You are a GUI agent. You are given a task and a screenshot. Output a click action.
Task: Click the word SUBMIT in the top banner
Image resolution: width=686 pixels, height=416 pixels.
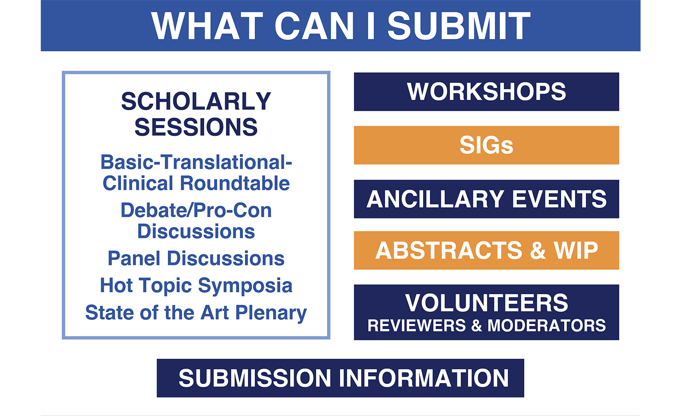[x=459, y=26]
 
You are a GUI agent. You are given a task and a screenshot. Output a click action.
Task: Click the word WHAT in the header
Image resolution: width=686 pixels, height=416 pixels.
[x=207, y=26]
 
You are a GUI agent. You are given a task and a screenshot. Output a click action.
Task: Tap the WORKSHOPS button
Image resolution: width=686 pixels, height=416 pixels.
[x=486, y=92]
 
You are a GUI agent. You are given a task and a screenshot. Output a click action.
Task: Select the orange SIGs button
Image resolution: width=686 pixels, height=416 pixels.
[x=486, y=145]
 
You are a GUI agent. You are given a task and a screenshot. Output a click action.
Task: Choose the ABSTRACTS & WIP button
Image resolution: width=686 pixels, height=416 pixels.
[x=486, y=250]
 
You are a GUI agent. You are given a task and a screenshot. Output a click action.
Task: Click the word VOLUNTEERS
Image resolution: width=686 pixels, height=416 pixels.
[x=487, y=303]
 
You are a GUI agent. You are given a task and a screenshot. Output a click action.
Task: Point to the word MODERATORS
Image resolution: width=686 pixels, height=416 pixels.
[x=547, y=325]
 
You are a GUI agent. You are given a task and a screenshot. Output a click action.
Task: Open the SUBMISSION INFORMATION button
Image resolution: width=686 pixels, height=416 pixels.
[x=340, y=378]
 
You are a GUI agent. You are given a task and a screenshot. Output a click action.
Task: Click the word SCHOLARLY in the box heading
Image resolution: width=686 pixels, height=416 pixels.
[x=196, y=101]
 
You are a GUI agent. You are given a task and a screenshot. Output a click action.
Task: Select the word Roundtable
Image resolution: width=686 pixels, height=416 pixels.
[x=235, y=184]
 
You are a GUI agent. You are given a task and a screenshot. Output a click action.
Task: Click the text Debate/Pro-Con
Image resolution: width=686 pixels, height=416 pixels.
[x=196, y=211]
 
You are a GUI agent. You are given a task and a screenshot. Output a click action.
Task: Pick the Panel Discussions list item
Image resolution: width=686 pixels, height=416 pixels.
[x=196, y=258]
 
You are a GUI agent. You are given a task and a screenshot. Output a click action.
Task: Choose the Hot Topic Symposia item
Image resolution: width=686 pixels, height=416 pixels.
[x=196, y=286]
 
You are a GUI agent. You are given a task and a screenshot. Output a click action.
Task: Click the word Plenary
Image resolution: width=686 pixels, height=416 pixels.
[x=271, y=313]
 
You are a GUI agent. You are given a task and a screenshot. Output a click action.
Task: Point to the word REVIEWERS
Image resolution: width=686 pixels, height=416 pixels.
[x=417, y=325]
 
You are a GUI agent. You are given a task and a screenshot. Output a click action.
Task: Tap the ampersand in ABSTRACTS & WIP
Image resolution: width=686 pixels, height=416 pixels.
[x=538, y=250]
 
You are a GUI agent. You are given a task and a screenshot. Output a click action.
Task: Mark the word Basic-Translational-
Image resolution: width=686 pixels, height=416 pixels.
[x=196, y=162]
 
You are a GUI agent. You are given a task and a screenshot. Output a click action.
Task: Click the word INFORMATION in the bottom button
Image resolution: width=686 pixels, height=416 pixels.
[x=423, y=378]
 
